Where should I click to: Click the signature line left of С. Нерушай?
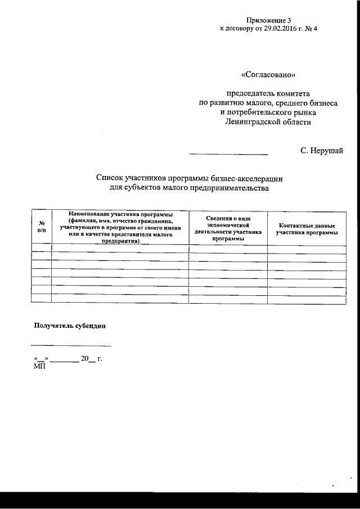tap(228, 153)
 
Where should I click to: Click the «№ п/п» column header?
tap(42, 227)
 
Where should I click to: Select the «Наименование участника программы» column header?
tap(120, 227)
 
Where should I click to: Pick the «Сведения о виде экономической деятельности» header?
tap(228, 227)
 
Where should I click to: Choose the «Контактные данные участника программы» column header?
tap(307, 228)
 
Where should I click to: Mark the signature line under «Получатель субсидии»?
tap(71, 345)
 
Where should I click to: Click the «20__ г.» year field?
tap(91, 358)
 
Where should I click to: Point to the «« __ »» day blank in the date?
tap(40, 359)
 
